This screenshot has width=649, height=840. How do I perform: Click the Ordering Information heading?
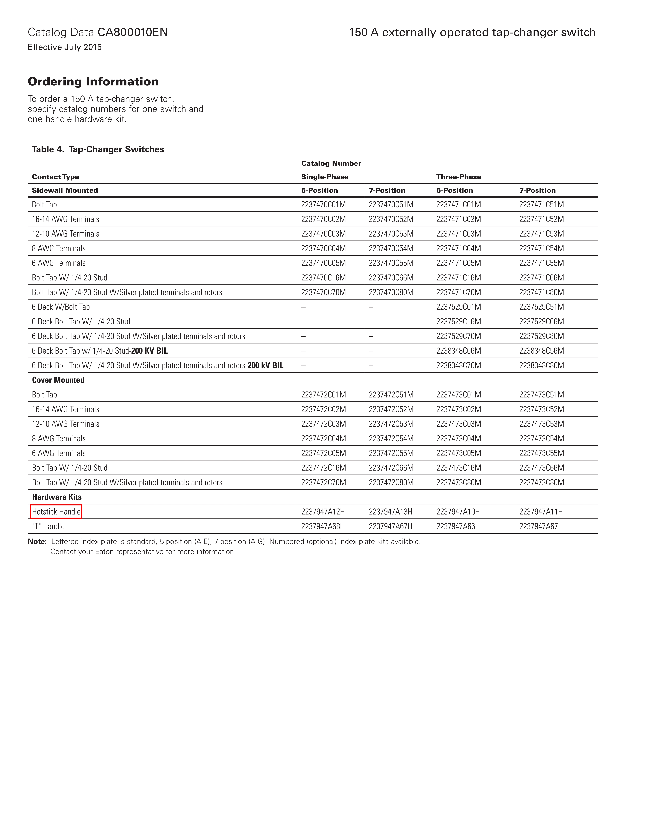tap(93, 82)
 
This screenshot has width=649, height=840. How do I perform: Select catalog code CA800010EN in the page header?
tap(133, 32)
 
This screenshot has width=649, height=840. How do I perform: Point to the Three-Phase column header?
tap(458, 177)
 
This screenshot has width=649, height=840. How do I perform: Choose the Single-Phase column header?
tap(324, 177)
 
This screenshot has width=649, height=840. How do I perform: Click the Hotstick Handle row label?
tap(56, 511)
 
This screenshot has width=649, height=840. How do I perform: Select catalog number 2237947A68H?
tap(323, 526)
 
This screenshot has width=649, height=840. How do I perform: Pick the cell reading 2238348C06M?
tap(458, 351)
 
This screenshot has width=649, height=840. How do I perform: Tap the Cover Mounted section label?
tap(58, 380)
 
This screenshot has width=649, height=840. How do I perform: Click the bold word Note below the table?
tap(37, 542)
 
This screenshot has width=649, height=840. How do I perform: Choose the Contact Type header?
tap(55, 177)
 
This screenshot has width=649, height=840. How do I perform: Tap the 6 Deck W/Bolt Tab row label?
tap(61, 307)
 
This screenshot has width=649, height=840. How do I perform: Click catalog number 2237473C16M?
tap(458, 468)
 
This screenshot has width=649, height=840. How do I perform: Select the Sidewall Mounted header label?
tap(65, 190)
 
